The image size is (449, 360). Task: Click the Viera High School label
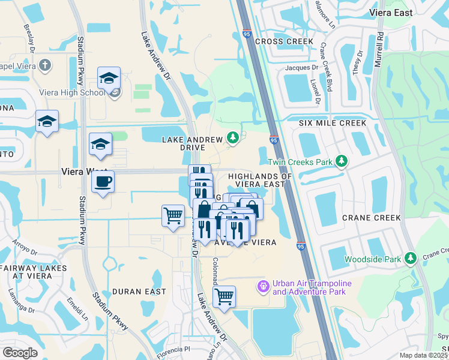click(71, 92)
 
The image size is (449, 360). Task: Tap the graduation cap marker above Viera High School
click(109, 79)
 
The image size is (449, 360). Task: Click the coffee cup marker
click(103, 182)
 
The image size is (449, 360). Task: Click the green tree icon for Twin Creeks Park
click(342, 161)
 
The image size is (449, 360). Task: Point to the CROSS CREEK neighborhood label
click(284, 41)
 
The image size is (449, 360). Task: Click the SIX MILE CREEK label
click(333, 123)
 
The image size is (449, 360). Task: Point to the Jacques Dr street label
click(301, 68)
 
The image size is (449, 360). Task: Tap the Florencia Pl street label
click(170, 349)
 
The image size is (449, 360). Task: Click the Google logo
click(20, 353)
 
